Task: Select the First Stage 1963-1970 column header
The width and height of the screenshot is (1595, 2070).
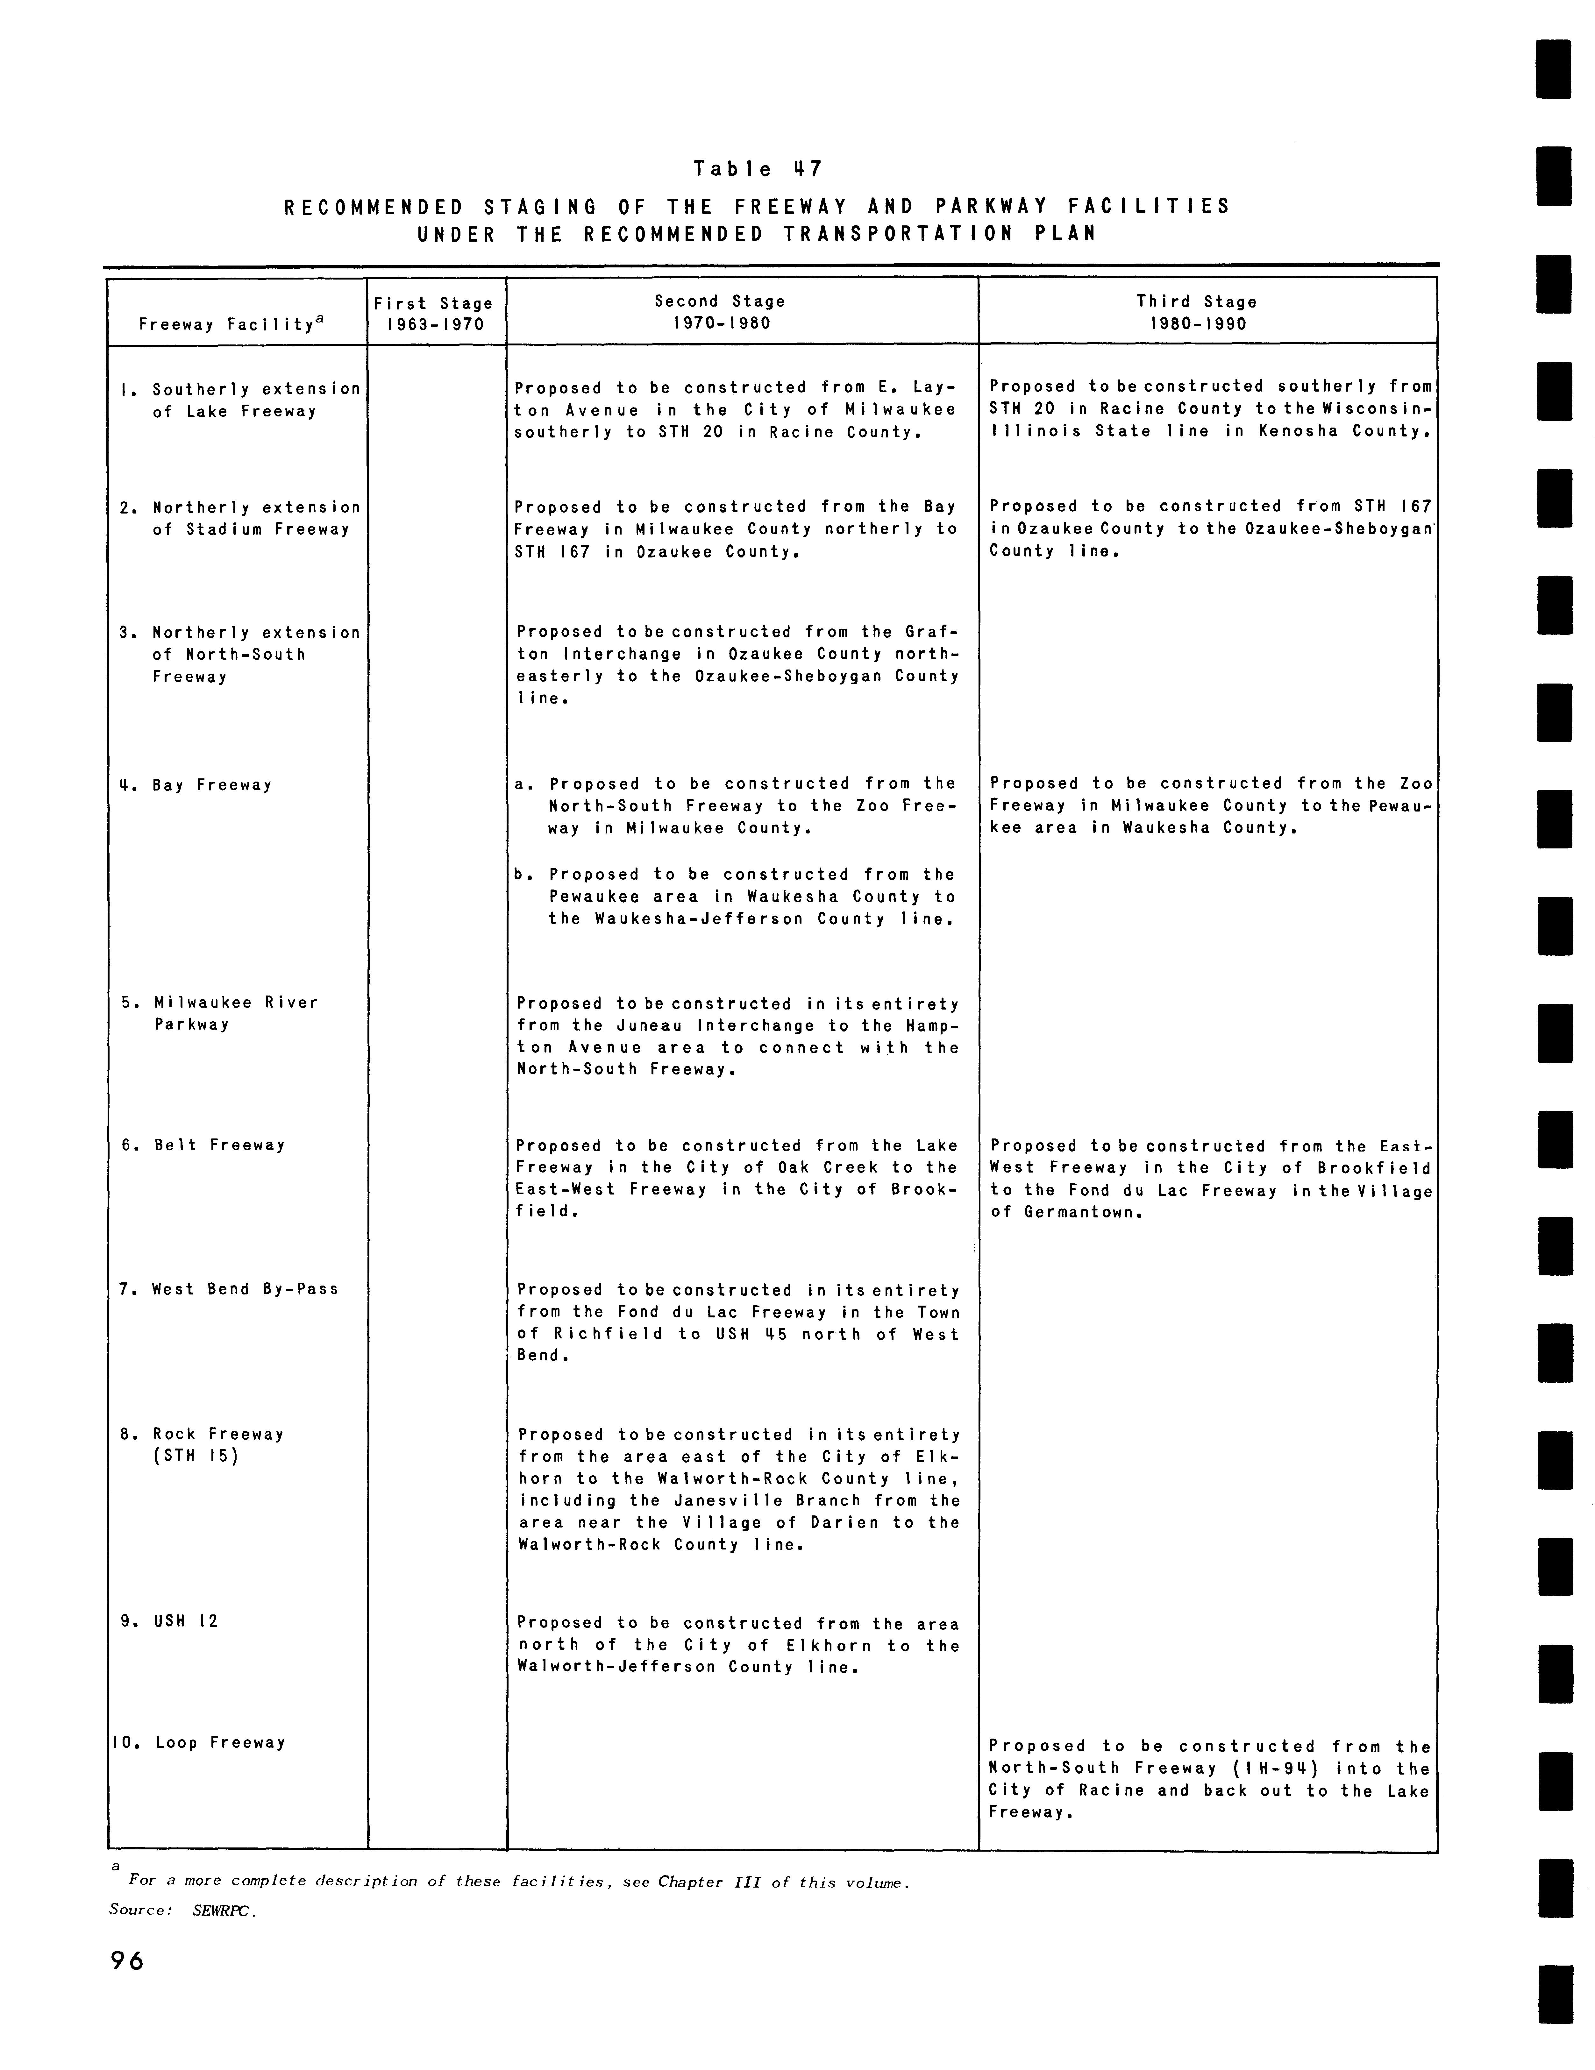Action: (433, 314)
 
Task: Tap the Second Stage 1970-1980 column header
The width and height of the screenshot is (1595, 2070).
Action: (720, 312)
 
